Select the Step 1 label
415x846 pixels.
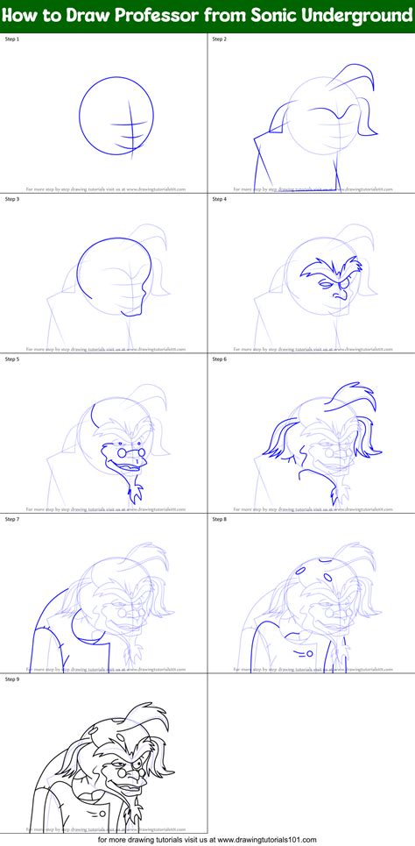click(13, 40)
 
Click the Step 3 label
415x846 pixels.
click(13, 200)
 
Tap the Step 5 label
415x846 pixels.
click(13, 359)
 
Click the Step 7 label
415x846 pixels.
click(13, 519)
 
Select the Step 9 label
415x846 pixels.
click(13, 679)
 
